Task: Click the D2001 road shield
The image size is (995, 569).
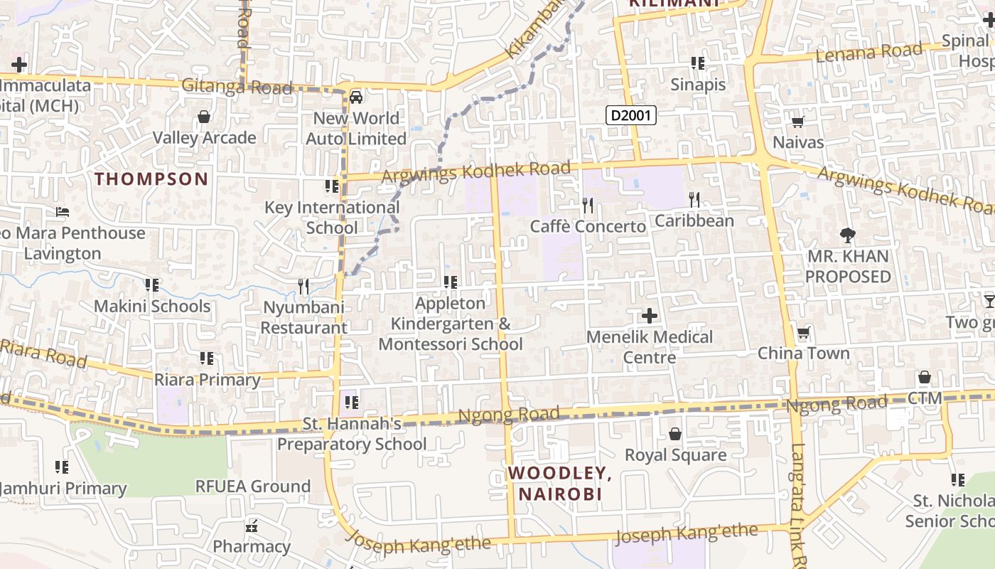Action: [x=630, y=115]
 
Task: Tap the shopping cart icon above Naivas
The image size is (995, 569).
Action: [x=798, y=122]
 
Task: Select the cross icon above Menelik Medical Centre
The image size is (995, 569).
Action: [x=649, y=316]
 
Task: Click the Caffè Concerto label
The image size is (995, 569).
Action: [x=588, y=226]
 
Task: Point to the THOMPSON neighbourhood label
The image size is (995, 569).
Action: [x=151, y=179]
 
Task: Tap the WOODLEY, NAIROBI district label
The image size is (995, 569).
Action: [x=559, y=483]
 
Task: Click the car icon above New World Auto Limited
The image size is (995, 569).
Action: [x=356, y=97]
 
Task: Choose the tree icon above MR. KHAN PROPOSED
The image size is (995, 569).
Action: [x=847, y=235]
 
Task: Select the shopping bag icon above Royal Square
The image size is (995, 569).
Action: [x=675, y=433]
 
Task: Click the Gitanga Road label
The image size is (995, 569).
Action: [x=237, y=87]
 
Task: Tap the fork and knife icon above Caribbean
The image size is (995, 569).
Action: [x=694, y=200]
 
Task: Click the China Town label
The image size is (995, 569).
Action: [x=803, y=353]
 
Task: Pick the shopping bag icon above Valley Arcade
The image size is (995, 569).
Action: [x=204, y=117]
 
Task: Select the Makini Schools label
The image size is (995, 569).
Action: [x=152, y=307]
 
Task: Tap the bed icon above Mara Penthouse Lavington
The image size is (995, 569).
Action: [x=63, y=212]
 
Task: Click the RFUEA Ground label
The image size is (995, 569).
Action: [x=253, y=486]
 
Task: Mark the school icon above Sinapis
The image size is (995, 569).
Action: [x=698, y=63]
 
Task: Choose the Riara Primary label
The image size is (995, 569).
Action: [x=208, y=380]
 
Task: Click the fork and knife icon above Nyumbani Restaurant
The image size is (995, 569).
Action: [x=303, y=287]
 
